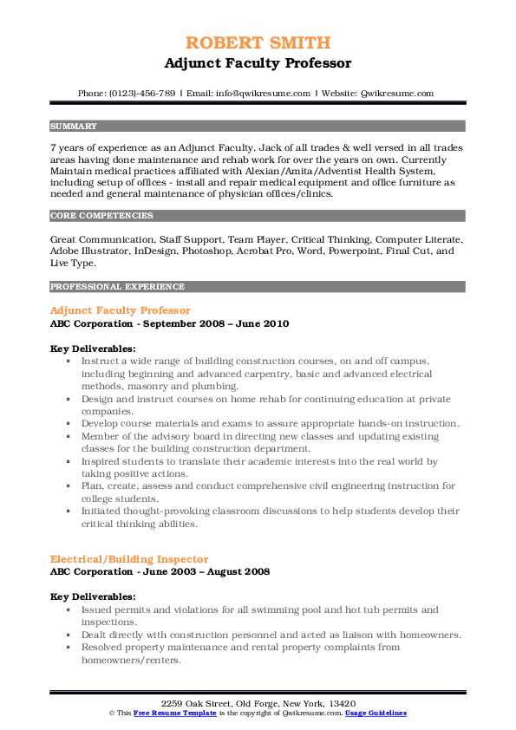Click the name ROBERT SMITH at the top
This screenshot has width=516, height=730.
pos(258,42)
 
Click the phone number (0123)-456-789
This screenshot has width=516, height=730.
pos(140,93)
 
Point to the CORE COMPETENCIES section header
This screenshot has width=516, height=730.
pos(101,216)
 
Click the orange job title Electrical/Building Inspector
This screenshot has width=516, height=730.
pos(129,559)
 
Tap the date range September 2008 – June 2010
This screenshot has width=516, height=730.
pos(208,323)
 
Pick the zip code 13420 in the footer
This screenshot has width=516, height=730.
pos(341,703)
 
